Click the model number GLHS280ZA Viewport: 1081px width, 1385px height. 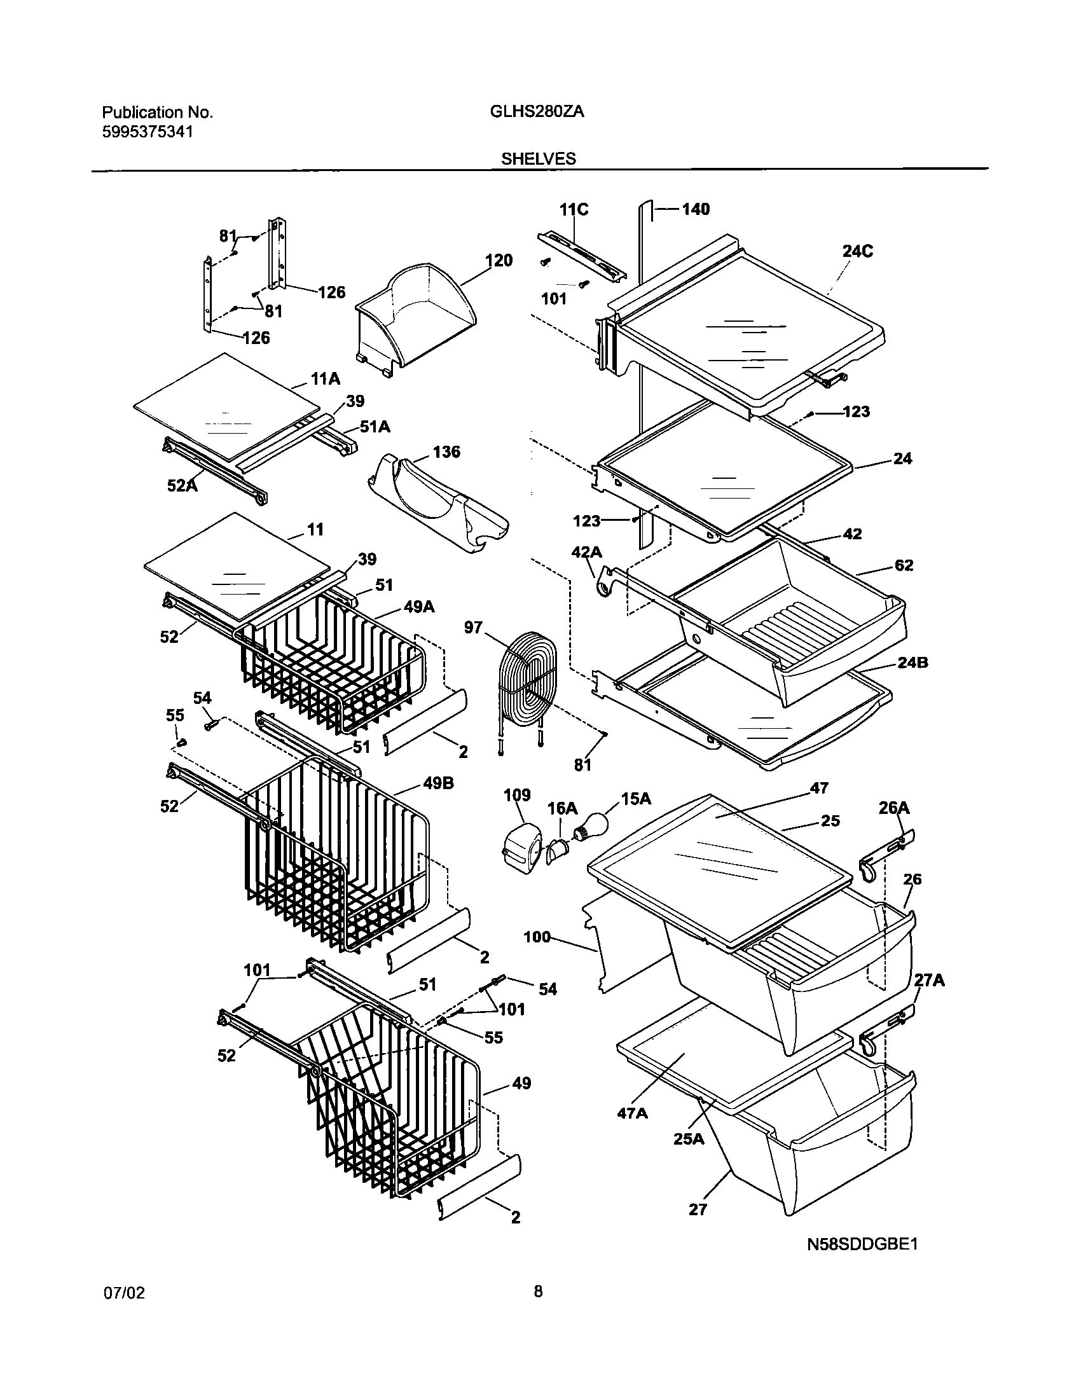(x=537, y=112)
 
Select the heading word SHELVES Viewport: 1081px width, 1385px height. (x=538, y=159)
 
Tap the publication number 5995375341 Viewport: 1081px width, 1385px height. (x=147, y=132)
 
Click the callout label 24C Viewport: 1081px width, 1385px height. (x=857, y=252)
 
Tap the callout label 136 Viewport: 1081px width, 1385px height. (x=446, y=452)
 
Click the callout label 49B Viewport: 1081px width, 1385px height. (x=439, y=783)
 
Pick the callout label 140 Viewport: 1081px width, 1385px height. (x=695, y=209)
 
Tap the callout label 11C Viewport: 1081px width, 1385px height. (x=574, y=209)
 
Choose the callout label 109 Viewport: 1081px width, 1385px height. (x=517, y=795)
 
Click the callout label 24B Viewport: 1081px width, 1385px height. (x=912, y=663)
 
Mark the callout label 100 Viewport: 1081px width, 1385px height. (x=537, y=937)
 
